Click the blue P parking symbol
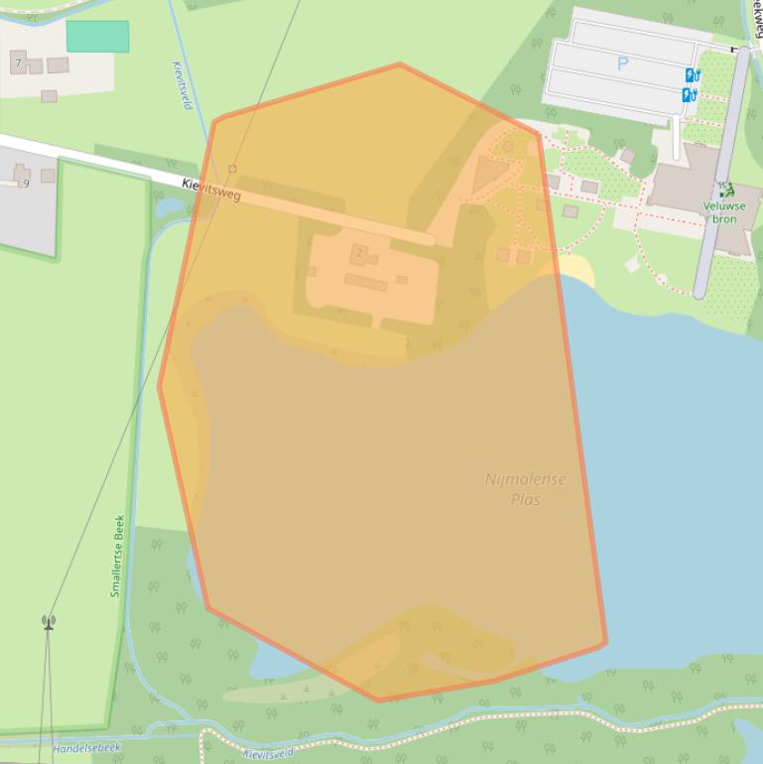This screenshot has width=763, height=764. [622, 64]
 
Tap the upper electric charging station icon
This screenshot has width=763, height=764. [691, 75]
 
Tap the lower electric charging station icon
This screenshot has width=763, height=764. [689, 95]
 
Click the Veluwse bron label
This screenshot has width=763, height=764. [724, 212]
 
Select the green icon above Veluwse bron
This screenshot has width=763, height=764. [725, 190]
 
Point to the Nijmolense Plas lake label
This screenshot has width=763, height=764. [526, 489]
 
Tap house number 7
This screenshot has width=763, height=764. [18, 64]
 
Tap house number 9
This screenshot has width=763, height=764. [26, 183]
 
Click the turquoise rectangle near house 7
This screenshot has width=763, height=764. [97, 37]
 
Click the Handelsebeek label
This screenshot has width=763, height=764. [86, 747]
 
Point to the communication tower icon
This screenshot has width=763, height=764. [48, 622]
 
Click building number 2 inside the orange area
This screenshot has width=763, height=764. [359, 253]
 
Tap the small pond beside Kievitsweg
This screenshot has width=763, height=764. [167, 207]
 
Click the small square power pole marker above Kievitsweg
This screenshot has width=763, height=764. [233, 170]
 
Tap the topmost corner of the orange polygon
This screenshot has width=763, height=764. [400, 64]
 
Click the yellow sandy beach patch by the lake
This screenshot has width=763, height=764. [576, 267]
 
